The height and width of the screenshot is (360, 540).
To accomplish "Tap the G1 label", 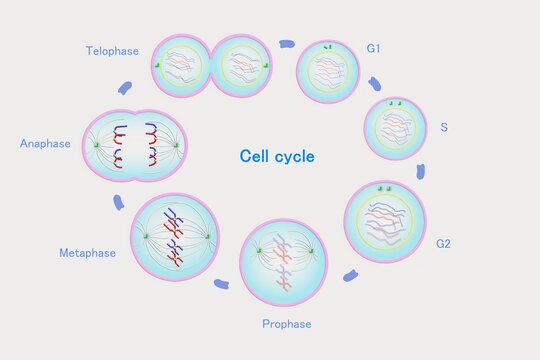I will pyautogui.click(x=374, y=48).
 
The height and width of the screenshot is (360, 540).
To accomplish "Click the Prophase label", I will pyautogui.click(x=287, y=324).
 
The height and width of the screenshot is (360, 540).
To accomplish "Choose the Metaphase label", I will pyautogui.click(x=87, y=253).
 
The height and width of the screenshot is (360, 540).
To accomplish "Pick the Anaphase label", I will pyautogui.click(x=45, y=144).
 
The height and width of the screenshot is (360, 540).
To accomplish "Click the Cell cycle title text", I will pyautogui.click(x=277, y=157).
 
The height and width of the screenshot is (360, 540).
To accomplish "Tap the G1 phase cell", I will pyautogui.click(x=328, y=71).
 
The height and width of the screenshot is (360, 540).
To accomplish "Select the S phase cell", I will pyautogui.click(x=394, y=129).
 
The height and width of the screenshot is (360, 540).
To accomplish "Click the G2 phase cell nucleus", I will pyautogui.click(x=384, y=222).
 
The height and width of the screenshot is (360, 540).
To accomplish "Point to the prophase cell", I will pyautogui.click(x=284, y=262).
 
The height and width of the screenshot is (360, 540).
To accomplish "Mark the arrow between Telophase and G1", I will pyautogui.click(x=288, y=44).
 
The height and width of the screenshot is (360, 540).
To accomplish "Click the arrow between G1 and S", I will pyautogui.click(x=374, y=84).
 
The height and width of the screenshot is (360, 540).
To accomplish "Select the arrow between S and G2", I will pyautogui.click(x=421, y=172).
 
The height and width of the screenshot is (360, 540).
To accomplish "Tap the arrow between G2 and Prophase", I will pyautogui.click(x=350, y=275).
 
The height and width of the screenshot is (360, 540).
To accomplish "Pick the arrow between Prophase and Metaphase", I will pyautogui.click(x=221, y=285).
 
